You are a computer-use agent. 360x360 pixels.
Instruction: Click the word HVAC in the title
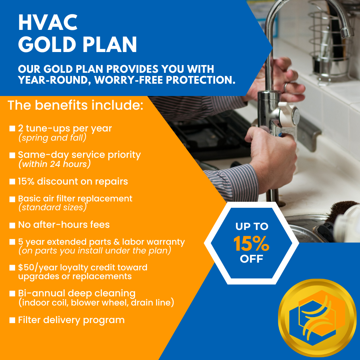48,22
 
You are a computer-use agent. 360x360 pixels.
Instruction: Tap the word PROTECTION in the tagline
201,80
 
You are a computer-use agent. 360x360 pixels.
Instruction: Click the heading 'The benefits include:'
76,105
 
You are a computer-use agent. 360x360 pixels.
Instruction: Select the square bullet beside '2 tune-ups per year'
12,128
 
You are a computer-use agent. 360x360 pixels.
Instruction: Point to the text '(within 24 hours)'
54,164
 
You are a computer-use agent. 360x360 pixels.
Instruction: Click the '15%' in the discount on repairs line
26,181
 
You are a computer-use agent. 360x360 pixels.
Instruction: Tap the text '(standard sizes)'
53,207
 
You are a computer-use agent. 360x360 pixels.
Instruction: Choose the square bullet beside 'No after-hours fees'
12,225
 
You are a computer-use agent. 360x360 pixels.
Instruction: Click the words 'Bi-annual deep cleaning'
77,294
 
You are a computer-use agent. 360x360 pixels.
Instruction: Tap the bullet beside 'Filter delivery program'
12,320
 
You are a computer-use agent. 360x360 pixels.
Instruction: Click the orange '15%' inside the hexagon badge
251,244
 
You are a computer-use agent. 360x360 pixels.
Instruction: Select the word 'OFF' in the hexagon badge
251,259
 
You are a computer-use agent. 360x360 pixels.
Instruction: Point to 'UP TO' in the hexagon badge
252,227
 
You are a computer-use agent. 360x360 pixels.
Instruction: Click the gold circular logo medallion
317,318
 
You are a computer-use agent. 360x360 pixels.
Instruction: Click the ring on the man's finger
285,87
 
